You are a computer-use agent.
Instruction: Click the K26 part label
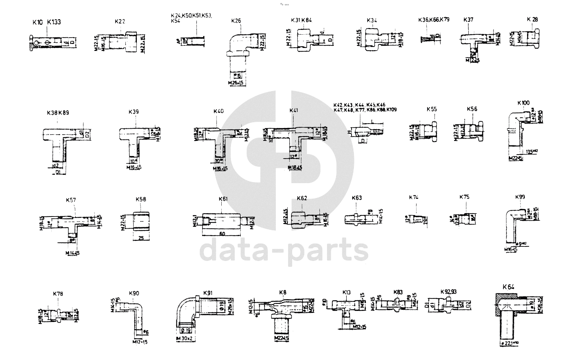coord(236,21)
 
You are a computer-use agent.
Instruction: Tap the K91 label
coord(208,293)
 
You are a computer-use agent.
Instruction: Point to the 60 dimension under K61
coord(222,233)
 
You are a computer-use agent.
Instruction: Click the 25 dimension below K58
coord(141,239)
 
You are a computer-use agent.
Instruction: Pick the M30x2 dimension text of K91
coord(187,339)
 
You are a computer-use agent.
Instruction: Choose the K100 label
coord(523,103)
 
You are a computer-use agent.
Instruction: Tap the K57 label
coord(71,200)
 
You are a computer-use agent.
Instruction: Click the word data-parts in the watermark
coord(284,250)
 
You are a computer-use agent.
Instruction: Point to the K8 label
coord(283,293)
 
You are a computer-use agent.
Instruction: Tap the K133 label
coord(54,22)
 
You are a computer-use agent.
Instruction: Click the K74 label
coord(413,197)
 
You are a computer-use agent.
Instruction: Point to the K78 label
coord(58,294)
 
